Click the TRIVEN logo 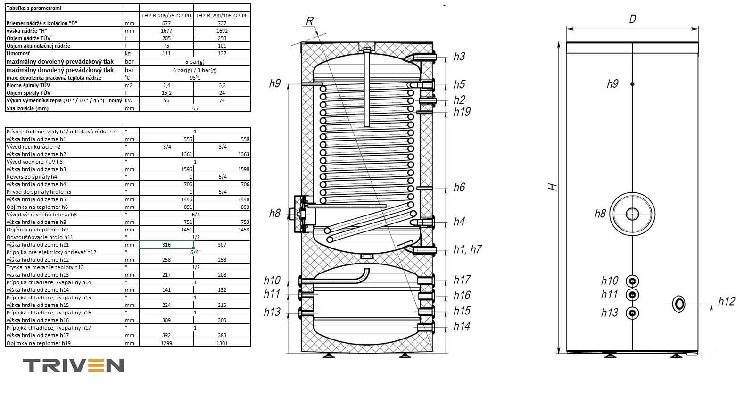pyautogui.click(x=74, y=365)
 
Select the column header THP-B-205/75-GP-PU pyautogui.click(x=166, y=15)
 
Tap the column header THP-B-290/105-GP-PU pyautogui.click(x=222, y=15)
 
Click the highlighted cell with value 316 pyautogui.click(x=166, y=245)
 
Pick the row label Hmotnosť pyautogui.click(x=18, y=53)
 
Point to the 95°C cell pyautogui.click(x=195, y=78)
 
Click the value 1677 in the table pyautogui.click(x=166, y=31)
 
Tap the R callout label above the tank pyautogui.click(x=310, y=21)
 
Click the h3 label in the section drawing pyautogui.click(x=459, y=57)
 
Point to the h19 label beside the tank pyautogui.click(x=462, y=112)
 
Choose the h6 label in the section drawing pyautogui.click(x=459, y=187)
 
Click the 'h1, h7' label pyautogui.click(x=467, y=249)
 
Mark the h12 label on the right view pyautogui.click(x=727, y=301)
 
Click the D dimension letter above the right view pyautogui.click(x=633, y=19)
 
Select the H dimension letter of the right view pyautogui.click(x=553, y=187)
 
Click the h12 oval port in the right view pyautogui.click(x=678, y=304)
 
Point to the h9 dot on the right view pyautogui.click(x=632, y=84)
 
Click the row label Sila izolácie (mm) pyautogui.click(x=27, y=108)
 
